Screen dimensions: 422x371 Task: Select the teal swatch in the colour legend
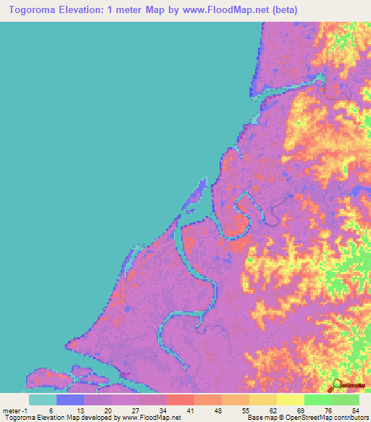(x=43, y=399)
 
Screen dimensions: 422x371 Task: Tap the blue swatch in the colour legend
(x=70, y=399)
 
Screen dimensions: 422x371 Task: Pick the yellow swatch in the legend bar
(x=290, y=399)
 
